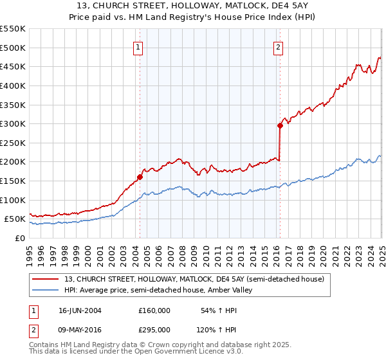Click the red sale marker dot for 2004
140,177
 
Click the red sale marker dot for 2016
280,125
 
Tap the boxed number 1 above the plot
139,46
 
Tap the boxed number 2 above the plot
278,46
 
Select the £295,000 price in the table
154,330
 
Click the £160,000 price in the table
154,310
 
